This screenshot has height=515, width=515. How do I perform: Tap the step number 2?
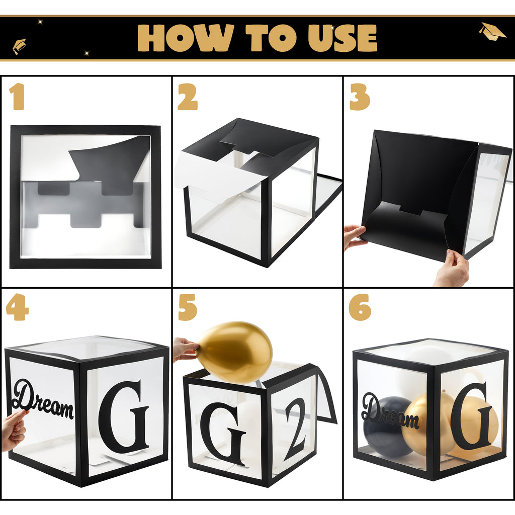tap(188, 97)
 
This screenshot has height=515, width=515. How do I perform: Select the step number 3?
tap(360, 97)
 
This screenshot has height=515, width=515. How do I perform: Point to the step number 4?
tap(17, 307)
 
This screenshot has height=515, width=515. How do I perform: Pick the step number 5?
tap(188, 307)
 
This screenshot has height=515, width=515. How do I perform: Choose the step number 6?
tap(360, 307)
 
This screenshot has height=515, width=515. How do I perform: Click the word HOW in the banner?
tap(186, 38)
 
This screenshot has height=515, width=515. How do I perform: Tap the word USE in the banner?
tap(342, 38)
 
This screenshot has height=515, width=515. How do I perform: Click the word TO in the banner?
tap(271, 38)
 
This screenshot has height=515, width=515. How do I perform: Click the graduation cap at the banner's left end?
tap(19, 46)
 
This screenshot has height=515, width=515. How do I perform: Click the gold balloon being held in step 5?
tap(235, 352)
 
